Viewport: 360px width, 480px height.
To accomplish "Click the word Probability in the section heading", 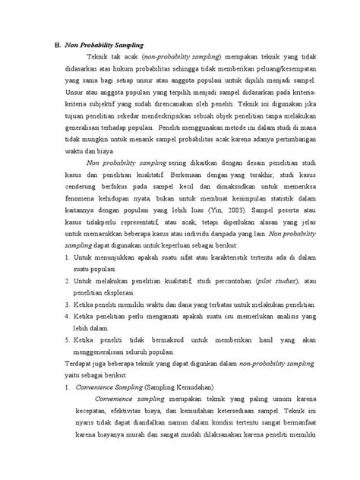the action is (x=103, y=46).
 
